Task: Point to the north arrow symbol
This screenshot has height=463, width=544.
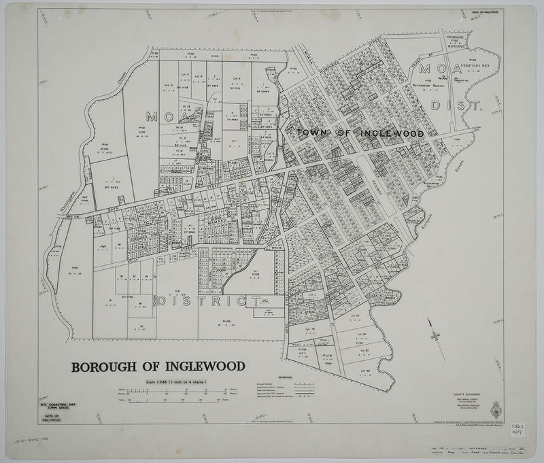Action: (x=434, y=336)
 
